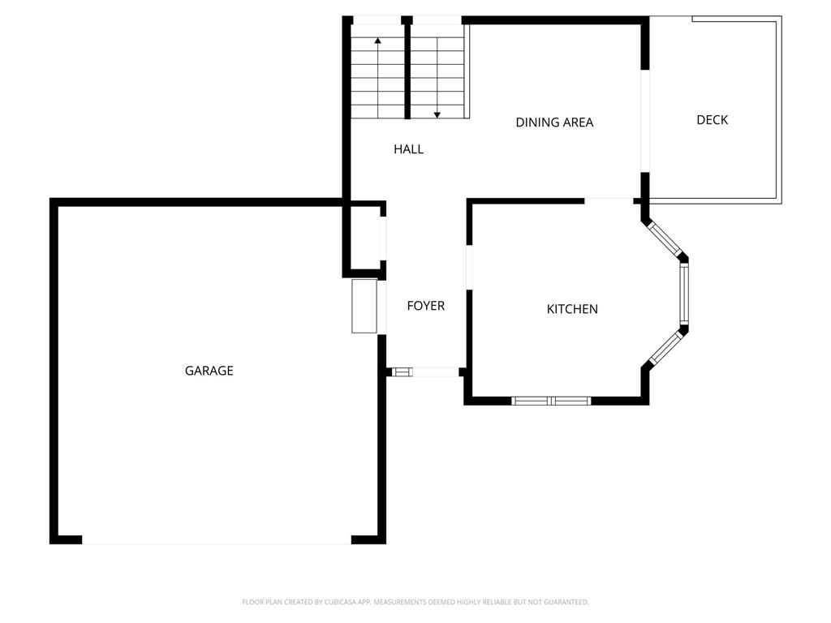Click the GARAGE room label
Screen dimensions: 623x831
click(209, 371)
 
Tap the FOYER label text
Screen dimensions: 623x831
click(425, 306)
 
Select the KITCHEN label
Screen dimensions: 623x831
click(572, 309)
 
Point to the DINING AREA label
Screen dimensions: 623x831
click(554, 122)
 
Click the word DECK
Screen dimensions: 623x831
click(712, 120)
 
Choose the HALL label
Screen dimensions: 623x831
click(408, 149)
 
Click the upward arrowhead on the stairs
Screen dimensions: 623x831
click(377, 40)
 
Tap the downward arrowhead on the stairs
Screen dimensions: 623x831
click(437, 115)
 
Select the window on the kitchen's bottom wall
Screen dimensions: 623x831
click(551, 401)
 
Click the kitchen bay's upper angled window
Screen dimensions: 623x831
click(664, 239)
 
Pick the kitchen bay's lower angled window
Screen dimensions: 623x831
click(665, 349)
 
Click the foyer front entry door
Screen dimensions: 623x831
click(424, 372)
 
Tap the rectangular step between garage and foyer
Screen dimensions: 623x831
click(364, 306)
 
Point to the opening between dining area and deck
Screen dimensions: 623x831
click(645, 122)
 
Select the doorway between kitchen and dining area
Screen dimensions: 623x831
click(609, 200)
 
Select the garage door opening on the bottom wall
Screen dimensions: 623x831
click(217, 539)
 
